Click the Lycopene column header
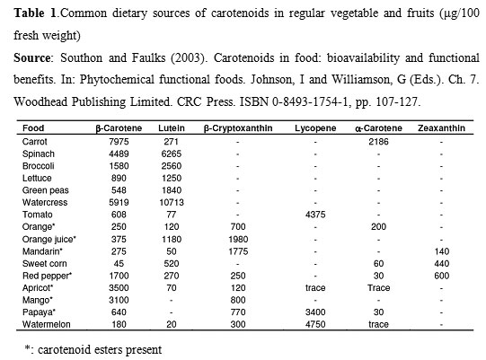click(315, 128)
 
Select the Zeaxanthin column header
click(441, 128)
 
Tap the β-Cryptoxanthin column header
click(238, 128)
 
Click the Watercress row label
click(45, 203)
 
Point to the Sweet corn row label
click(45, 264)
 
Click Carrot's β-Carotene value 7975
click(119, 142)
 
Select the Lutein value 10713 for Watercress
click(172, 203)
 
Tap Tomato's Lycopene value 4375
click(315, 215)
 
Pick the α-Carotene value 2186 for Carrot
click(378, 142)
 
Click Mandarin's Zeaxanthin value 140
click(442, 251)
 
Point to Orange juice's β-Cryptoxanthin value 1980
click(238, 239)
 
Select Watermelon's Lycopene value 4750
click(315, 324)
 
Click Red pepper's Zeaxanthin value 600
click(442, 276)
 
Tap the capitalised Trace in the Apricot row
click(378, 288)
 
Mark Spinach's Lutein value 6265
click(172, 154)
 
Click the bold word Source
click(32, 58)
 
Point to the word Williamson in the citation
click(361, 80)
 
